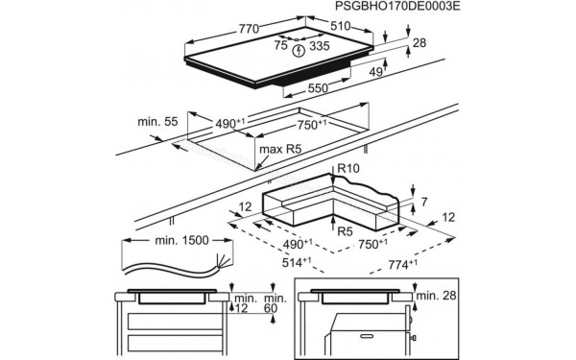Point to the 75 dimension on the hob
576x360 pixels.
[281, 44]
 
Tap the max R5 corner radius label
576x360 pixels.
[278, 151]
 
